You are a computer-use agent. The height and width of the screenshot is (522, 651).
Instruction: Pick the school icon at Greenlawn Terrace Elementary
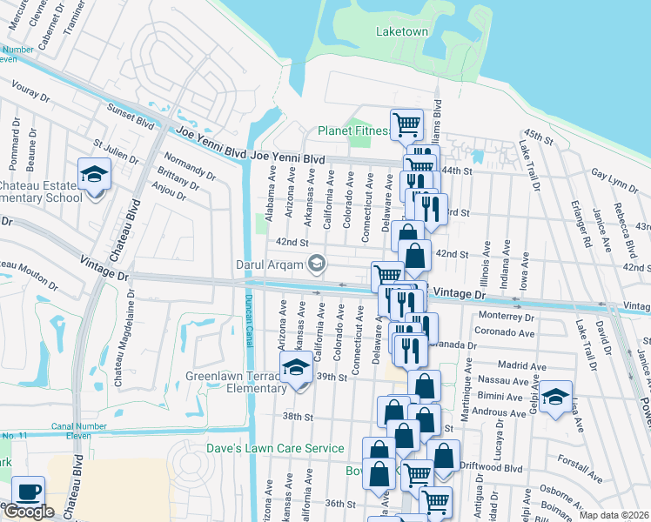(296, 366)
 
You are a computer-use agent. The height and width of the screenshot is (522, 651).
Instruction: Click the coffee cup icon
(28, 492)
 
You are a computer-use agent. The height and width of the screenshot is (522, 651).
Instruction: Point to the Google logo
(28, 512)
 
